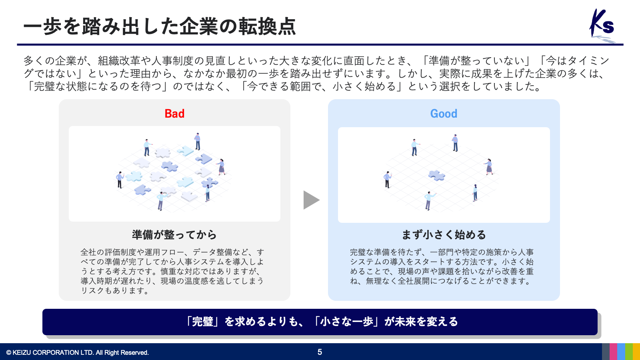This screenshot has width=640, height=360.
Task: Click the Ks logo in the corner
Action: pos(602,25)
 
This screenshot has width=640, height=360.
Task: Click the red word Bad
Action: pos(174,114)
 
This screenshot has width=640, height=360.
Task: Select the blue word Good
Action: pos(444,114)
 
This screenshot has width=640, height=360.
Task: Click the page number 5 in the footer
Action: pos(320,352)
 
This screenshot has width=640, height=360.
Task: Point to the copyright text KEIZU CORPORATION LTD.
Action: pos(78,352)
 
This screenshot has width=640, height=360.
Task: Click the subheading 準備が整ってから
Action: pos(174,234)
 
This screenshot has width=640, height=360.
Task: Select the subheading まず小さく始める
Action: pos(444,234)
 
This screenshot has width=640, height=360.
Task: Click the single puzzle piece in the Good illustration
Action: pos(436,176)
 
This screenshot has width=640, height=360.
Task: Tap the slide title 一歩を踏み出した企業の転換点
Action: pos(160,26)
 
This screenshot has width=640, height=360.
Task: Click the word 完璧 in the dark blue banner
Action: pos(202,322)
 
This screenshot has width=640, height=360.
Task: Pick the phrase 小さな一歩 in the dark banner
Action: pos(346,322)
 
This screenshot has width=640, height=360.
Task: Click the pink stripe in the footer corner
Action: pos(613,352)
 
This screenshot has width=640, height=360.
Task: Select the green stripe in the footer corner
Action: pos(629,352)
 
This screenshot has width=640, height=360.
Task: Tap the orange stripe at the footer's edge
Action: pos(636,352)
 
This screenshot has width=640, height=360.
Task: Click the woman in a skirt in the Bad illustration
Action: pos(221,167)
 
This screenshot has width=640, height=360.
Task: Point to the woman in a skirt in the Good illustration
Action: pos(488,167)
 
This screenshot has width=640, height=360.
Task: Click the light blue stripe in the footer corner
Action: pos(621,352)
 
